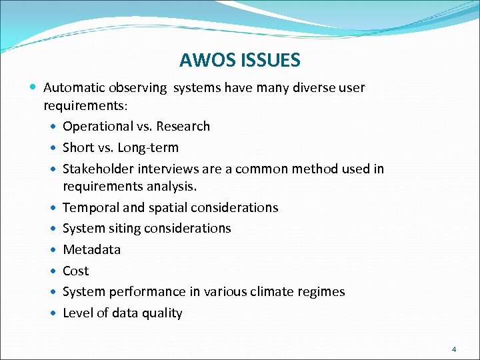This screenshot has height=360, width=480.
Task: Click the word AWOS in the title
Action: (201, 61)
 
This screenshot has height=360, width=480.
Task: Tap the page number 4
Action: (453, 349)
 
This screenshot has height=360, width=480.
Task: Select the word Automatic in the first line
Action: (73, 87)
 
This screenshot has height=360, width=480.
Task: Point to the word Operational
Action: (98, 127)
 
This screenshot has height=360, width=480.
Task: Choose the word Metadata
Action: (91, 249)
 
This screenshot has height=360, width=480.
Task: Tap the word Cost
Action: (75, 271)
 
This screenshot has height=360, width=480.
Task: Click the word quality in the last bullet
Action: (162, 313)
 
